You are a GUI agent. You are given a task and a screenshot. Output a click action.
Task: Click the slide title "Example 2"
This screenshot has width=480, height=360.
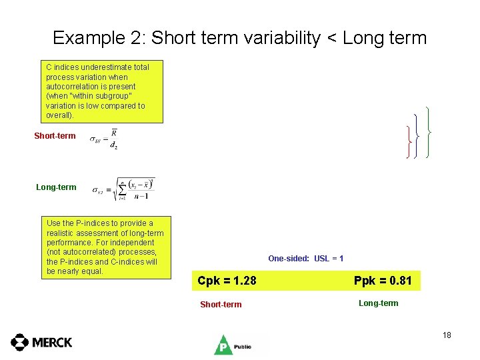coord(100,38)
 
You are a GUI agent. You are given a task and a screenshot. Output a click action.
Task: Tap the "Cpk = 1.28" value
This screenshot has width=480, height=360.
coord(227,281)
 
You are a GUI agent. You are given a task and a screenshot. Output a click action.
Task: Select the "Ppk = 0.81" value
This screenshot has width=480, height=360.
coord(383,281)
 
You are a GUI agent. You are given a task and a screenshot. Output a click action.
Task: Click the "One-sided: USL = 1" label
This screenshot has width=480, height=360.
coord(305,259)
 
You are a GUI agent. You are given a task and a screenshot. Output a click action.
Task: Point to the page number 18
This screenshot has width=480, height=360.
coord(447,335)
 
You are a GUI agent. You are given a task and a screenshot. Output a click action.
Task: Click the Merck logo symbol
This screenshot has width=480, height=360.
coord(20,342)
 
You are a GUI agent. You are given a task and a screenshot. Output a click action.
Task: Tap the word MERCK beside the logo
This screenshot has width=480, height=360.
coord(52,342)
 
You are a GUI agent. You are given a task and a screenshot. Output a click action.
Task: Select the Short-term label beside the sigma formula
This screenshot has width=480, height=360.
coord(55,136)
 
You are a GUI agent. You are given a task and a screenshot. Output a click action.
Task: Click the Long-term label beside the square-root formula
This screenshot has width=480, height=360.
coord(56,187)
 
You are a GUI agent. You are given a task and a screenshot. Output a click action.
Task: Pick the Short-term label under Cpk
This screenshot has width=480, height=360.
coord(221,305)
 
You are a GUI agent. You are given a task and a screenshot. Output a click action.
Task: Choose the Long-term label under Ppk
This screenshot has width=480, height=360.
coord(378,303)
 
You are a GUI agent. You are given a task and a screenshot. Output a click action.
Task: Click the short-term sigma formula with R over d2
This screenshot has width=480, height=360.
coord(105,139)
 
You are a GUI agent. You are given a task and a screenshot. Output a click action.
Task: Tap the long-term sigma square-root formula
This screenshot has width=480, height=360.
coord(124,189)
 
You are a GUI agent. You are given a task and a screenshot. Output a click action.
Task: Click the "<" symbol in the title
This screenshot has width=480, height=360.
coord(331,38)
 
